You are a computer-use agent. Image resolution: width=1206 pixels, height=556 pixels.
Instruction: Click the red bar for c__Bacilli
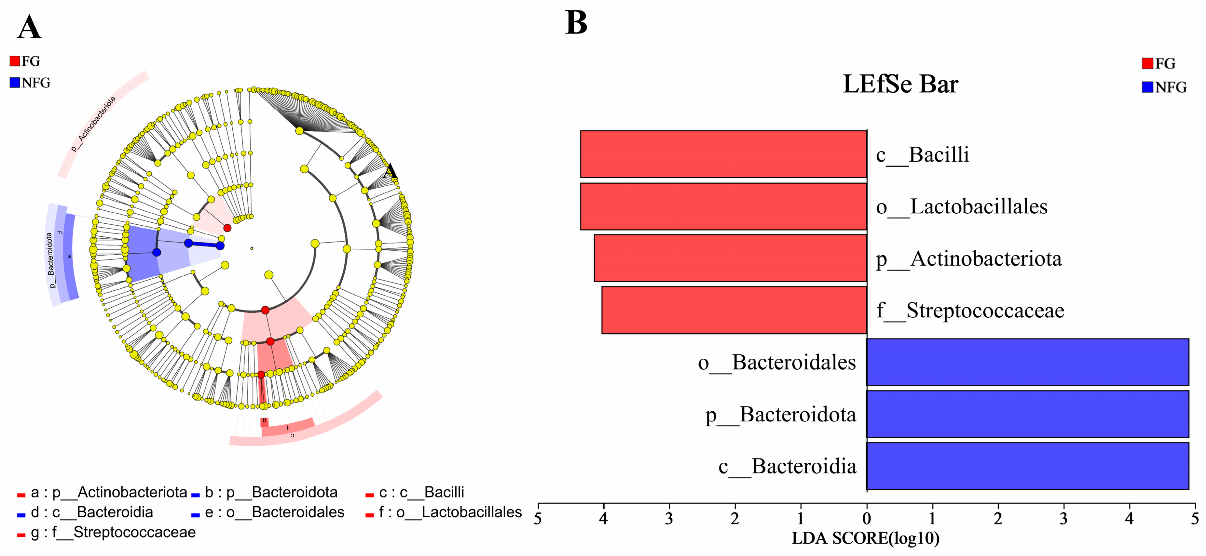pyautogui.click(x=723, y=154)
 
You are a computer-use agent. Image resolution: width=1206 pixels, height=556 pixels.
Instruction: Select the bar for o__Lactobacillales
pyautogui.click(x=723, y=206)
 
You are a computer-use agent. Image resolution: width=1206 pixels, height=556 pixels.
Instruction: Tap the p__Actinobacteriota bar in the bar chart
pyautogui.click(x=730, y=258)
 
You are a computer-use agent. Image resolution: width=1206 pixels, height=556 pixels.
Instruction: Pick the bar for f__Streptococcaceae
pyautogui.click(x=734, y=310)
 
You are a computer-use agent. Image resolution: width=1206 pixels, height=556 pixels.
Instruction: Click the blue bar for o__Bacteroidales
pyautogui.click(x=1028, y=362)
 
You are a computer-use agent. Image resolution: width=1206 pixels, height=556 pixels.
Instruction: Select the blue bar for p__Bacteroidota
pyautogui.click(x=1028, y=414)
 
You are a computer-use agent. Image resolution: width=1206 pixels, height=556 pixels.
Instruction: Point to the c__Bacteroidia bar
pyautogui.click(x=1028, y=466)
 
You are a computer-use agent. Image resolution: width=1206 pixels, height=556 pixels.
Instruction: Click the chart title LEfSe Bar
pyautogui.click(x=900, y=84)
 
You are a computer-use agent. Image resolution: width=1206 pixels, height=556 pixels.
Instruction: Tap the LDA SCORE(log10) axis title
pyautogui.click(x=865, y=538)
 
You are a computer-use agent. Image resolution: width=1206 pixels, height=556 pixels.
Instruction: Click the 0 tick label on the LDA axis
pyautogui.click(x=867, y=519)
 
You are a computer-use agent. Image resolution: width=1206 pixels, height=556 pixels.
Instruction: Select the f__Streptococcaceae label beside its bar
pyautogui.click(x=970, y=311)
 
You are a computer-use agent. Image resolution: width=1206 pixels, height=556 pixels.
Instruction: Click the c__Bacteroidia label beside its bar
pyautogui.click(x=788, y=467)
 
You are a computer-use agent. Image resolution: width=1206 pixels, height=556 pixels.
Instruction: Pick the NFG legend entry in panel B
pyautogui.click(x=1164, y=87)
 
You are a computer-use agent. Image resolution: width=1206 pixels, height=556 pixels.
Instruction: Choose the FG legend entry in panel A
pyautogui.click(x=25, y=61)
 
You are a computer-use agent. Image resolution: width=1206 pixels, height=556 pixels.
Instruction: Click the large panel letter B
pyautogui.click(x=576, y=22)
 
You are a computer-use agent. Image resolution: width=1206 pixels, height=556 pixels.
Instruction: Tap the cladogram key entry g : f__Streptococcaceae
pyautogui.click(x=112, y=533)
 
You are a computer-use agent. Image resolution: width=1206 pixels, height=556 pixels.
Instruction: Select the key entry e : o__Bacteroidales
pyautogui.click(x=274, y=512)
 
